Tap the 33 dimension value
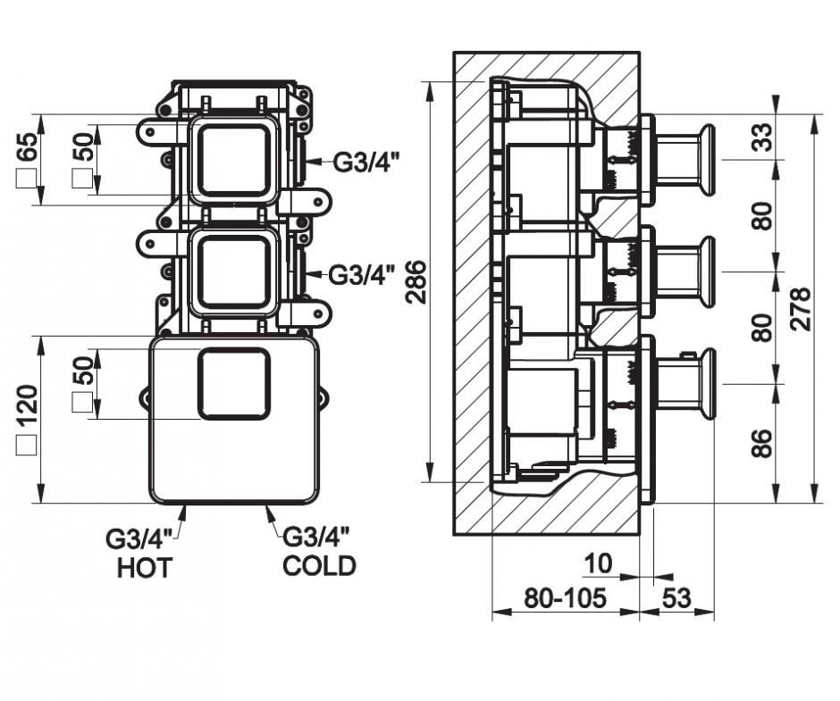point(762,137)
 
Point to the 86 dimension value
point(762,443)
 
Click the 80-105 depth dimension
point(565,598)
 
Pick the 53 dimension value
point(677,598)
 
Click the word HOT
point(144,567)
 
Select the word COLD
point(319,565)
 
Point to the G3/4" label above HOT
point(139,539)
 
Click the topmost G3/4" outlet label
point(367,163)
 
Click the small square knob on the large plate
point(233,384)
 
